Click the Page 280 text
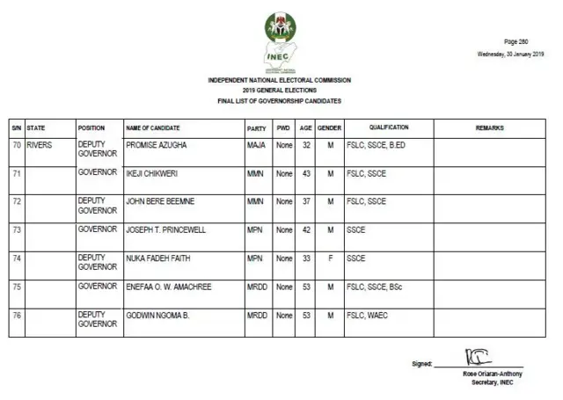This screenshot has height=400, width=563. coord(515,41)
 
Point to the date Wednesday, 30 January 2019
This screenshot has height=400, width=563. coord(510,54)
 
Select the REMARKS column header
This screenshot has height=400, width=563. coord(489,128)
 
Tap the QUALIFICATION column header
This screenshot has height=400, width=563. coord(388,128)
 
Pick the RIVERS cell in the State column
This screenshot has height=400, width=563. coord(40,144)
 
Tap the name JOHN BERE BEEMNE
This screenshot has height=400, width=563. coord(160,201)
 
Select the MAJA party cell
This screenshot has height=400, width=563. coord(256,144)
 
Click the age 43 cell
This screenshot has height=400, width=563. coord(306,173)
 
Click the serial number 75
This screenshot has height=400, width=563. coord(17,287)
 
